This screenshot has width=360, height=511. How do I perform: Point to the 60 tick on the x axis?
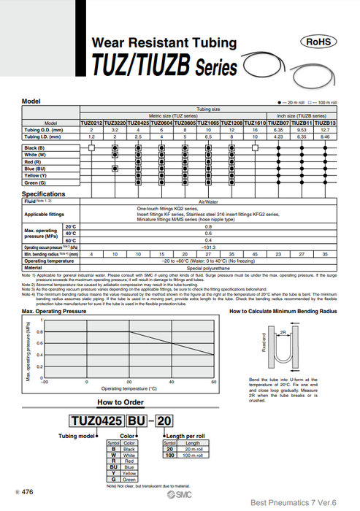click(214, 382)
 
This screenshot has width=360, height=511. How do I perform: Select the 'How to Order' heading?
click(120, 402)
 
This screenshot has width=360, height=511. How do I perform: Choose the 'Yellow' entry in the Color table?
click(129, 472)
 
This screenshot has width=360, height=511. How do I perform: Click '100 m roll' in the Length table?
click(193, 455)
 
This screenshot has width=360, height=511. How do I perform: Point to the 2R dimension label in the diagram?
click(281, 331)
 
